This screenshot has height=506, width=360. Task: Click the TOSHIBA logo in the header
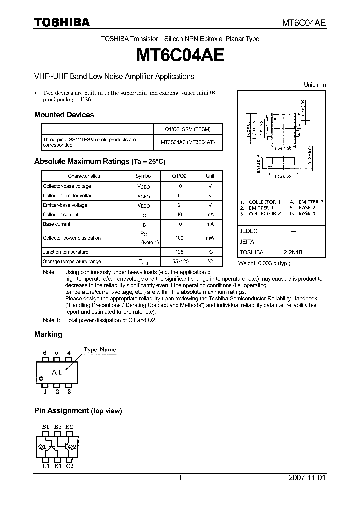point(62,22)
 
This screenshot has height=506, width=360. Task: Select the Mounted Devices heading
point(64,115)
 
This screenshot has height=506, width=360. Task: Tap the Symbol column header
point(145,176)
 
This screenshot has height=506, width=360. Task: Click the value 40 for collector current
point(179,214)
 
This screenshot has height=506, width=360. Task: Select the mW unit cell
point(210,238)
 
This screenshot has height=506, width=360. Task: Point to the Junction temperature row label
point(65,252)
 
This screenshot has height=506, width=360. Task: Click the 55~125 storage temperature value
point(179,262)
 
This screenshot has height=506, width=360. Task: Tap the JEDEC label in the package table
point(248,231)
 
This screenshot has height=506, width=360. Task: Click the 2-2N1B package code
point(293,253)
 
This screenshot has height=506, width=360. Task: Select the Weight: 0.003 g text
point(264,263)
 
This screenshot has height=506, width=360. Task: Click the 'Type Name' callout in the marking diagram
point(99,350)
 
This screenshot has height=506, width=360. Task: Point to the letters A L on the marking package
point(57,372)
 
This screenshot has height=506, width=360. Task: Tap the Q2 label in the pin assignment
point(72,446)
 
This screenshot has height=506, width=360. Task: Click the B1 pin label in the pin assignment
point(45,426)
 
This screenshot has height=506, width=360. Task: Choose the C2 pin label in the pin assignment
point(70,466)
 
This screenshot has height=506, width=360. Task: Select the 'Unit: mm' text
point(315,85)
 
